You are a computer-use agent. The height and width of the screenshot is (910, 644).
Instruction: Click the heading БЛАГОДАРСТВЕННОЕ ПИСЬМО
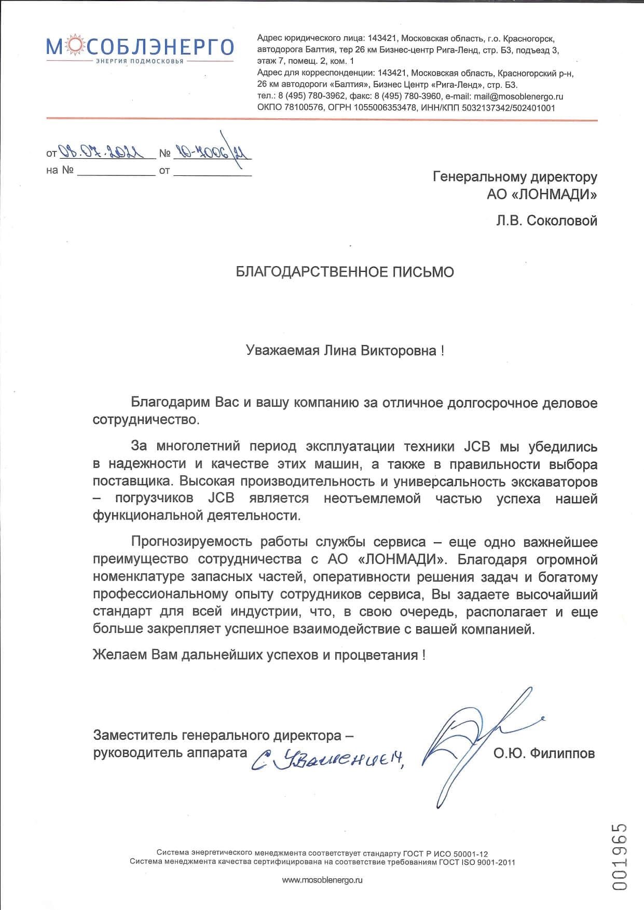tap(345, 272)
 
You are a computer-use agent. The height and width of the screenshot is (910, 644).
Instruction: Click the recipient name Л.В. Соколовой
tap(546, 221)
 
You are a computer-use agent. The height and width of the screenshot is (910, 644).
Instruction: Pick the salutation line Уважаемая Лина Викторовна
tap(345, 351)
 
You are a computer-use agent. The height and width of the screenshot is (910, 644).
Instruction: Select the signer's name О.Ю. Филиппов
tap(544, 753)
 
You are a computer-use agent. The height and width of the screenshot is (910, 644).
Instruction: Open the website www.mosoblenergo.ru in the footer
tap(322, 880)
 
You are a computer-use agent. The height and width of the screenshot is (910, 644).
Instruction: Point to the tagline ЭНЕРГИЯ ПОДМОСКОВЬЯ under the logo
tap(140, 61)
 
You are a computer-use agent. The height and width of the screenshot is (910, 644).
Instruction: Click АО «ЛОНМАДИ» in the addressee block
tap(542, 195)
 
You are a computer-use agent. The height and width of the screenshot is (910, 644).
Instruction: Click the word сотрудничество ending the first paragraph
tap(145, 420)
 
